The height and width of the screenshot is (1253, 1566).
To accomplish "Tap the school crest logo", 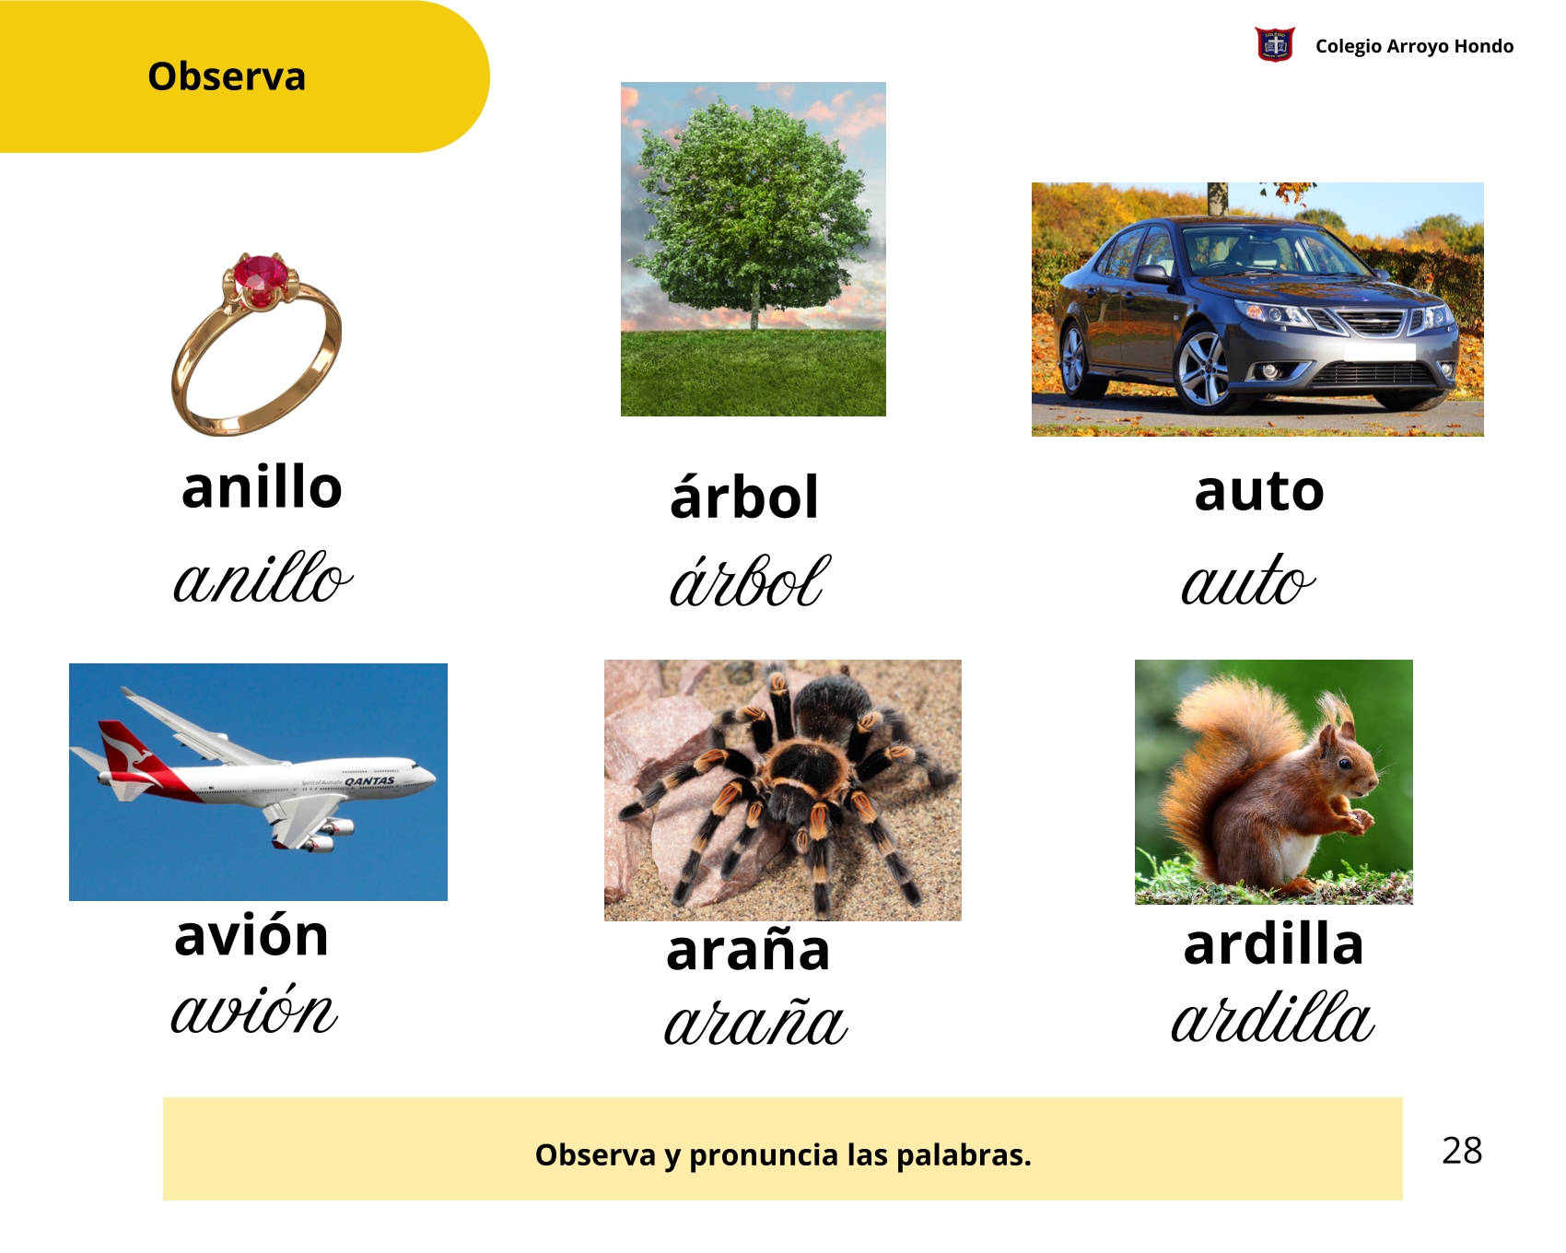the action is click(1275, 44).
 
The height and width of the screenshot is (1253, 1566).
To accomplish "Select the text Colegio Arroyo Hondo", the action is click(1414, 46).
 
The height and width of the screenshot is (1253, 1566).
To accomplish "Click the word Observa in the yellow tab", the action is click(227, 76).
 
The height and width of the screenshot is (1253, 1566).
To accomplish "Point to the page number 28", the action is click(1462, 1151).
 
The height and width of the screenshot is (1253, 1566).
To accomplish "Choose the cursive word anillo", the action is click(263, 579).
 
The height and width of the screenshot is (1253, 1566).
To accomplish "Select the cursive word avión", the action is click(254, 1010).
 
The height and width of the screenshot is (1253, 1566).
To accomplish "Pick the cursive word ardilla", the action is click(1273, 1017).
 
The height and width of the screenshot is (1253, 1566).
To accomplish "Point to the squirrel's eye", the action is click(1345, 763).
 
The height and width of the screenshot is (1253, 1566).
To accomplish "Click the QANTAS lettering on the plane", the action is click(369, 781).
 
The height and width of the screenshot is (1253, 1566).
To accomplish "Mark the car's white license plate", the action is click(1379, 351).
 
